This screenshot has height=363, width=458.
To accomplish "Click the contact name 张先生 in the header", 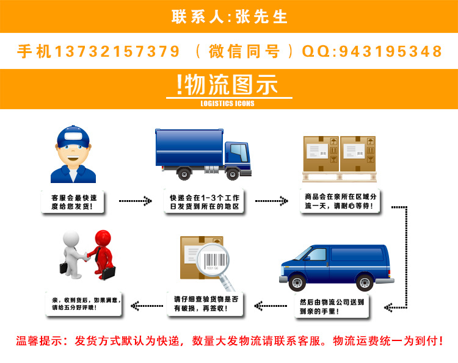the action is [x=264, y=16].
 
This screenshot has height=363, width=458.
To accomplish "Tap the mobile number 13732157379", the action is [x=117, y=51].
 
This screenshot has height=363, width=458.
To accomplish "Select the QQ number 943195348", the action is [x=386, y=51].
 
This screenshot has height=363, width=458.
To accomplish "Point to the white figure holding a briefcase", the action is [x=72, y=251].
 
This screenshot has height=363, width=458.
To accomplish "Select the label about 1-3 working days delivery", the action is [x=205, y=202].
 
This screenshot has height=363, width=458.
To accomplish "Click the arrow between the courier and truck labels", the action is [x=135, y=201].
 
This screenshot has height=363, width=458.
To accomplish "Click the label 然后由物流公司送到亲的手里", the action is [x=332, y=307].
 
